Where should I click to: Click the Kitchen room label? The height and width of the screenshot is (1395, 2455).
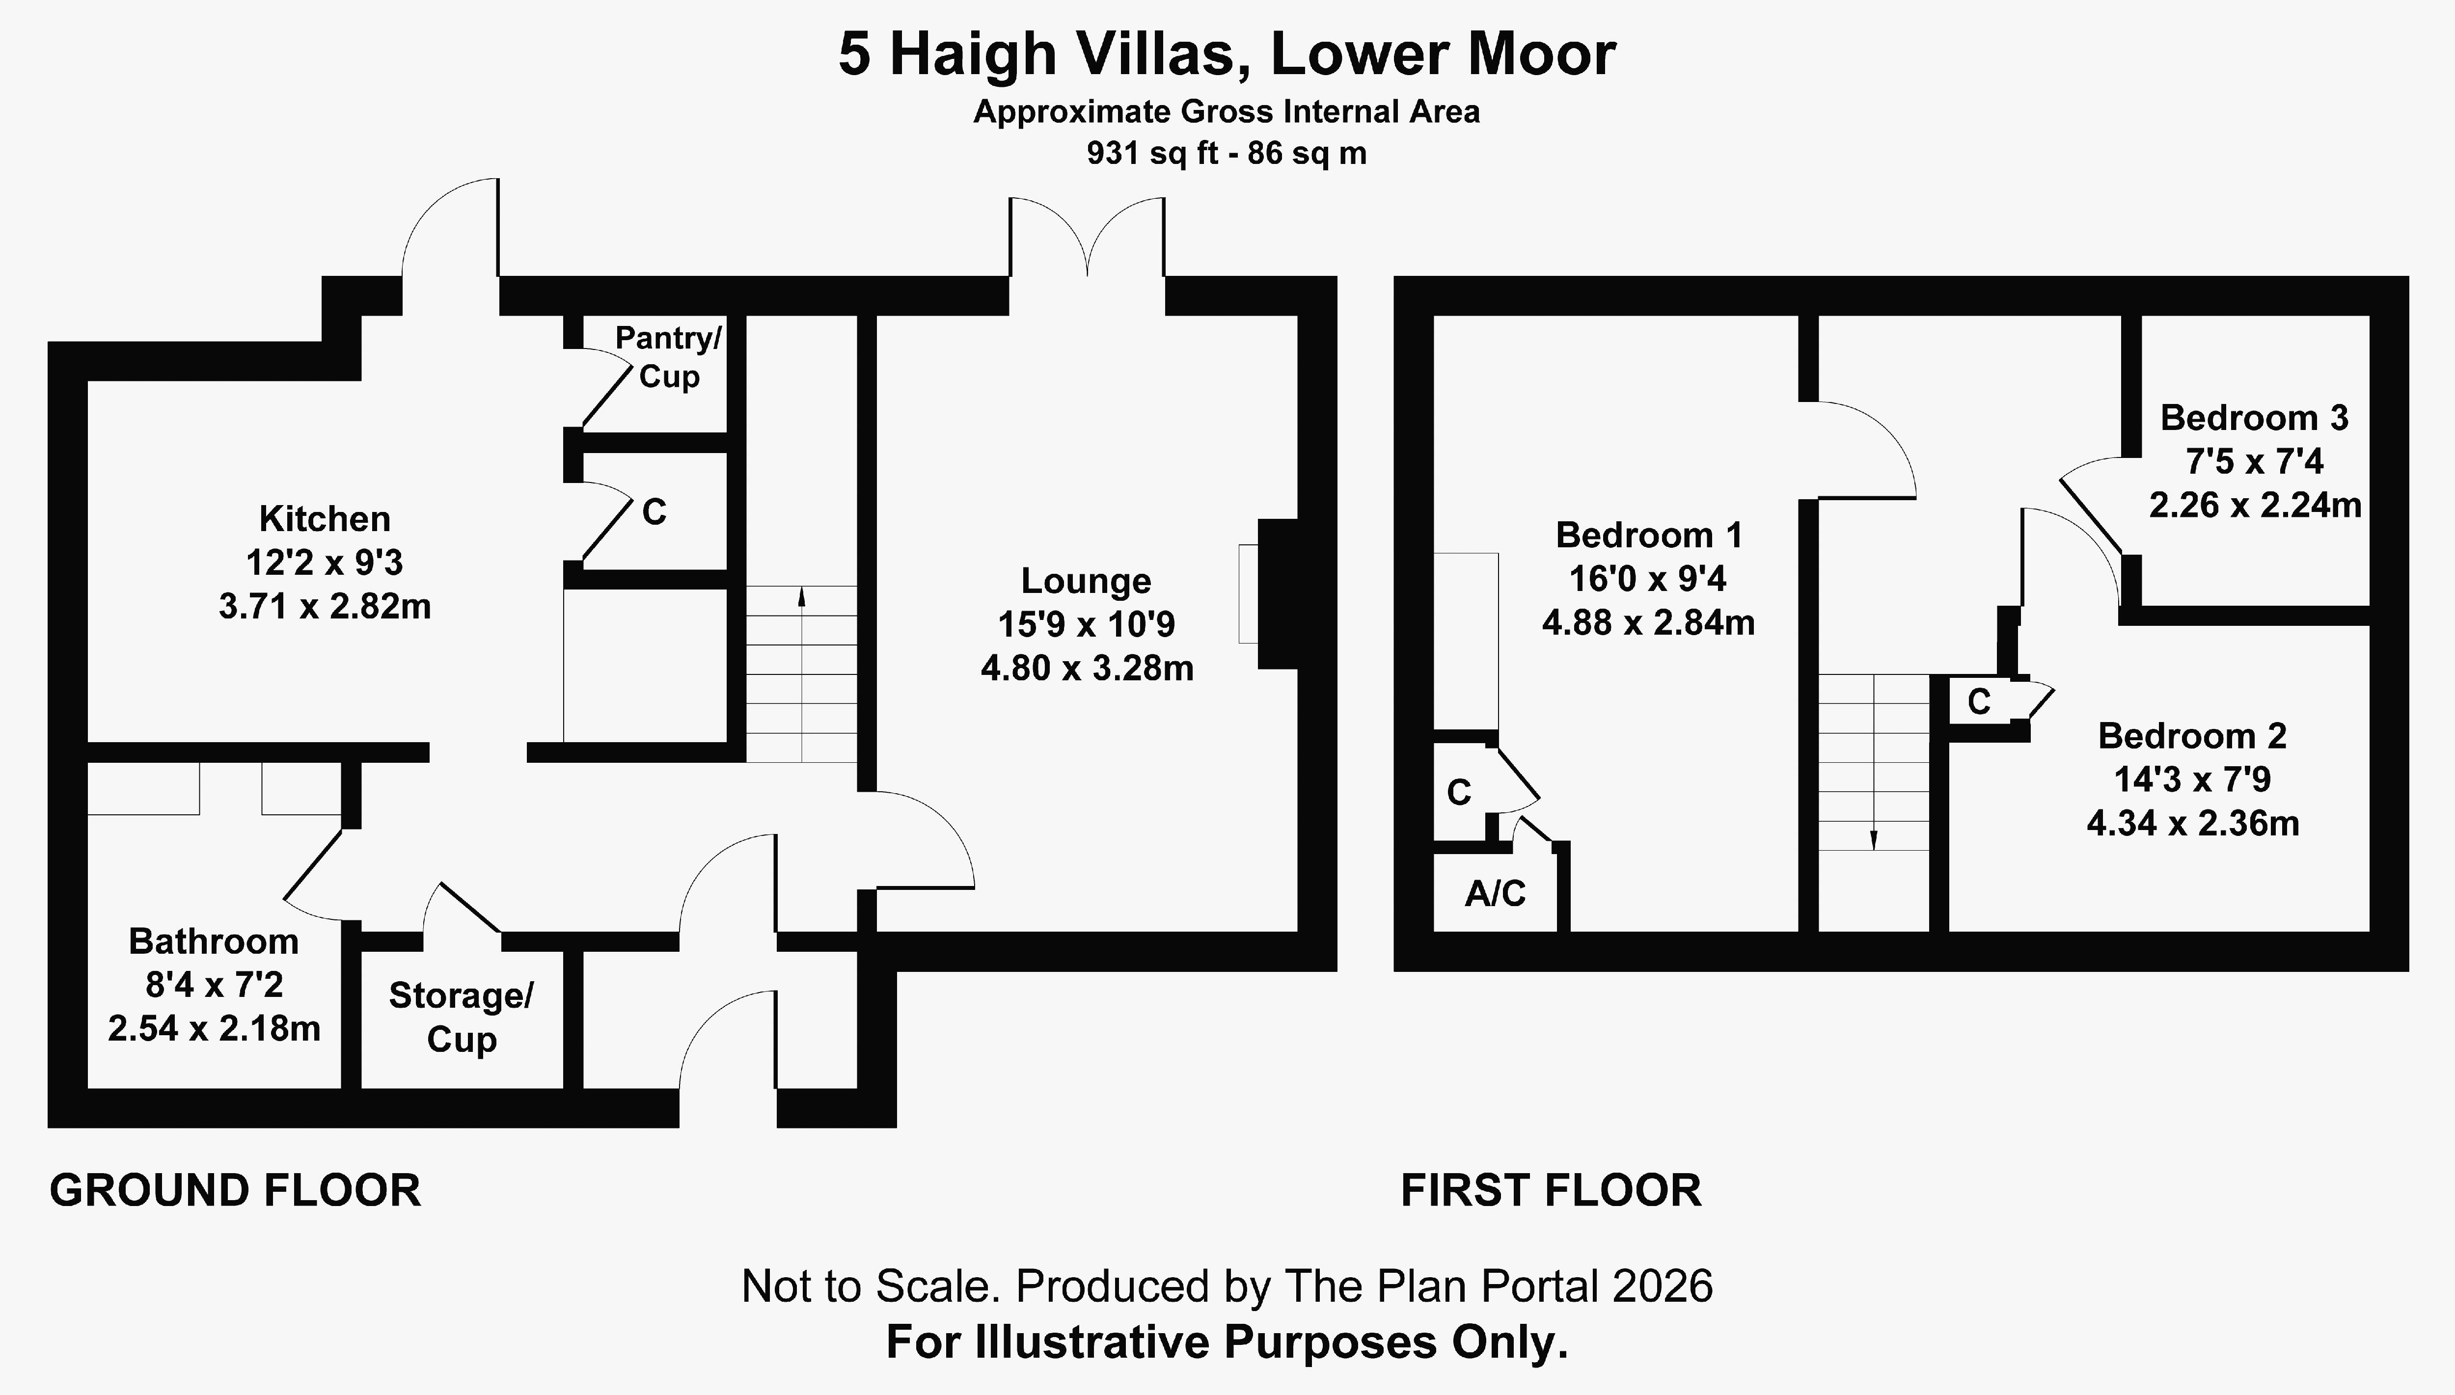(325, 519)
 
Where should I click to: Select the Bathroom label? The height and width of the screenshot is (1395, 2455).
(214, 942)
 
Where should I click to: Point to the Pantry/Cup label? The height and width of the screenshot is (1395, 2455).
(668, 356)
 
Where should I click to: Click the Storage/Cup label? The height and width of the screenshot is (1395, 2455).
(461, 1018)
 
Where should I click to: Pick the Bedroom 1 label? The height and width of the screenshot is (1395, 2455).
(1649, 535)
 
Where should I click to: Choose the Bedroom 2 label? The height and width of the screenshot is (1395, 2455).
(2192, 736)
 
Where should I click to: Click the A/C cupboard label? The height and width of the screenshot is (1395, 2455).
(1495, 894)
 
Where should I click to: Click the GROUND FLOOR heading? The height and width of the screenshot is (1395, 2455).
(236, 1191)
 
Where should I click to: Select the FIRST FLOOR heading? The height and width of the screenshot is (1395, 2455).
(1552, 1191)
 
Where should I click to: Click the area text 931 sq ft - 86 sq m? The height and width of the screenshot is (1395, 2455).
(1227, 153)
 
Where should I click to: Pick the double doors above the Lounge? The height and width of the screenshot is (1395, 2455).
(1088, 237)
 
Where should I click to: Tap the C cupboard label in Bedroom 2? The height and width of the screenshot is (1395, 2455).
(1979, 702)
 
